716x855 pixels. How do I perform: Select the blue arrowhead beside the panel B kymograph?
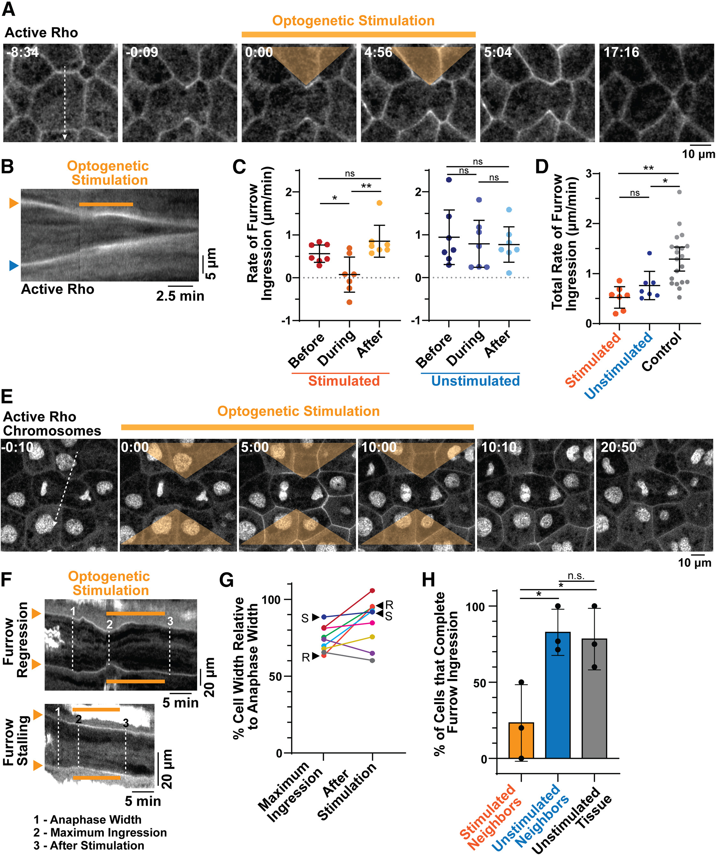click(x=14, y=266)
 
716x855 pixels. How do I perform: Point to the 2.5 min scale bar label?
click(x=180, y=296)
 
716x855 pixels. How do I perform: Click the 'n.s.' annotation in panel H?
click(x=576, y=576)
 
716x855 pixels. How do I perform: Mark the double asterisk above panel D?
click(x=648, y=168)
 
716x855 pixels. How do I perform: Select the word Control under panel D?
click(x=661, y=351)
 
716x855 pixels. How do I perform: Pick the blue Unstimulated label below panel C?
click(x=475, y=381)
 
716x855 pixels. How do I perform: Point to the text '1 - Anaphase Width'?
click(x=87, y=820)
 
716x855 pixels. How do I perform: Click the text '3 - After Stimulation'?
click(x=89, y=846)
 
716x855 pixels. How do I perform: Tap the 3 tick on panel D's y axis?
click(x=588, y=174)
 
